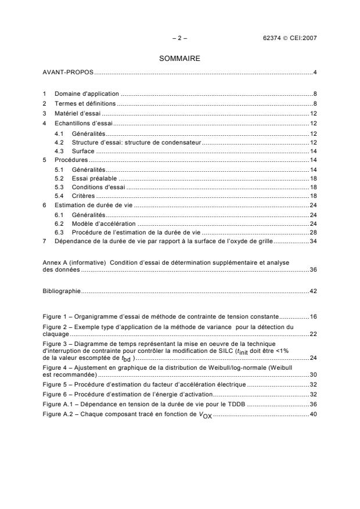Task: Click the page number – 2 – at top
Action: click(x=179, y=38)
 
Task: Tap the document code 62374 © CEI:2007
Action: click(x=289, y=38)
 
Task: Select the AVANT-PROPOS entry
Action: click(x=69, y=73)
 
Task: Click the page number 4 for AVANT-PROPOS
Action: click(x=314, y=73)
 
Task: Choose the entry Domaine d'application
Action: click(x=87, y=93)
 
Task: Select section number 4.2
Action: click(x=59, y=142)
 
